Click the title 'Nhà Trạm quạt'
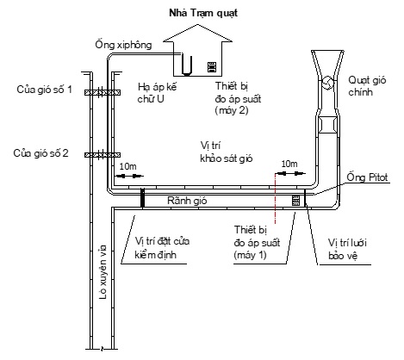(x=203, y=13)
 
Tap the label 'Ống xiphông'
(x=123, y=45)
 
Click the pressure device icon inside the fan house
(x=212, y=67)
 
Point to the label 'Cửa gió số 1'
(x=44, y=90)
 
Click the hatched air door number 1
(x=103, y=92)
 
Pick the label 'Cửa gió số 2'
(x=40, y=153)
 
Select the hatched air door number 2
(x=103, y=155)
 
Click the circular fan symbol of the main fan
(x=327, y=83)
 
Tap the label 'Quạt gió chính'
(x=367, y=86)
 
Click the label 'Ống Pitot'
(x=367, y=177)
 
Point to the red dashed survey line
(x=275, y=198)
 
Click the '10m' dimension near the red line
(x=289, y=164)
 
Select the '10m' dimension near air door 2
(x=128, y=166)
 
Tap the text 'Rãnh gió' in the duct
(x=187, y=201)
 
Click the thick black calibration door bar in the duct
(x=142, y=197)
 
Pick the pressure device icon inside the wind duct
(x=295, y=201)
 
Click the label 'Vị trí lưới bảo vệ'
(x=347, y=249)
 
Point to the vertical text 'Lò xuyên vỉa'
(x=103, y=272)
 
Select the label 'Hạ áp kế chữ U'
(x=157, y=93)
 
